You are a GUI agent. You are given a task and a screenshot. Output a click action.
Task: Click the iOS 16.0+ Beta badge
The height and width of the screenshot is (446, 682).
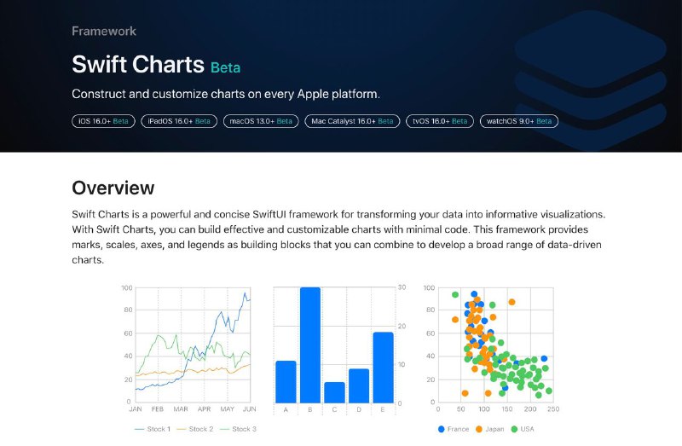103,121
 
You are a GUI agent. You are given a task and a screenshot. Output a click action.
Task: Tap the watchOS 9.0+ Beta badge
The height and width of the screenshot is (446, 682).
519,121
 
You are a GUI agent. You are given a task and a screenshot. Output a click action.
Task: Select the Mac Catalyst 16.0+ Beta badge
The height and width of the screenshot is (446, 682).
352,121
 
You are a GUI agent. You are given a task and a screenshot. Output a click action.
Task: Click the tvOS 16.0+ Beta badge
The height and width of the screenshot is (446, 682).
440,121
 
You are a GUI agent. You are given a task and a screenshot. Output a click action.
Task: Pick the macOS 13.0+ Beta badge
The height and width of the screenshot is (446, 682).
261,121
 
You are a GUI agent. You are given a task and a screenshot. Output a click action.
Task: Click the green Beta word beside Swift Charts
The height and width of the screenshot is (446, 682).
225,68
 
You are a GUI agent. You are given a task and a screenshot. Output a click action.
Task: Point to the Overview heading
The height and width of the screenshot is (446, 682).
113,188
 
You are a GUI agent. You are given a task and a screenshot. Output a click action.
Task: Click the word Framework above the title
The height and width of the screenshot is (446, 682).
104,32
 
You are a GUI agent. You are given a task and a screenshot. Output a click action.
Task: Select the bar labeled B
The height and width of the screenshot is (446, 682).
310,345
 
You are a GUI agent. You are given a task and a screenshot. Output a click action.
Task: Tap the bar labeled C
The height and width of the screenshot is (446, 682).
334,392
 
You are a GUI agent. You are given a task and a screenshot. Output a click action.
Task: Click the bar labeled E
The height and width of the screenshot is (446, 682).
383,368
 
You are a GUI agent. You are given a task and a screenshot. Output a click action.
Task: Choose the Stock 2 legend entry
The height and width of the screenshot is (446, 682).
195,429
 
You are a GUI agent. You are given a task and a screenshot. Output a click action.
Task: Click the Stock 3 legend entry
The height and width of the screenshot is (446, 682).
238,429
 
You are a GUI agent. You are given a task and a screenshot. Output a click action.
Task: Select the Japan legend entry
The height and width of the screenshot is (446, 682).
490,429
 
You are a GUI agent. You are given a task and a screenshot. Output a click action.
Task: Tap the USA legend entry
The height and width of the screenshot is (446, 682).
523,429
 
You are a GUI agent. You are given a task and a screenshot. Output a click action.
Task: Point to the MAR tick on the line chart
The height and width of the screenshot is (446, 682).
181,409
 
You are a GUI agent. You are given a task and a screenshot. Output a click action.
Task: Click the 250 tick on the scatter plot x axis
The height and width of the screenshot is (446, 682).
553,409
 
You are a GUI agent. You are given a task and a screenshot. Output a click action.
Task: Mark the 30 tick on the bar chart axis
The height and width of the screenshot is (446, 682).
402,287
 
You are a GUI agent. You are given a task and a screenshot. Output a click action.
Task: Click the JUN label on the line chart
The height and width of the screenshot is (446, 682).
249,409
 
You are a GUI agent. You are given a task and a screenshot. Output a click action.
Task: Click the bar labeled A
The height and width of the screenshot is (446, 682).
286,382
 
